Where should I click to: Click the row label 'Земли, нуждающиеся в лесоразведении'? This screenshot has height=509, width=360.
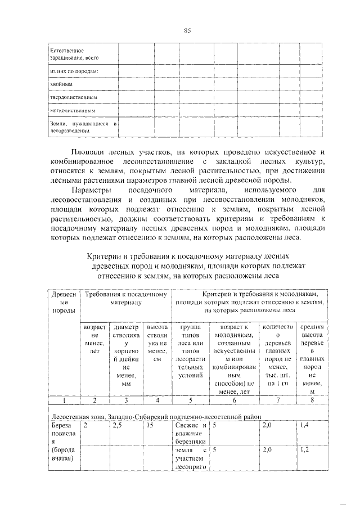pyautogui.click(x=82, y=127)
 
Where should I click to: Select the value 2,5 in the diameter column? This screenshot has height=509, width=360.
pyautogui.click(x=118, y=426)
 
